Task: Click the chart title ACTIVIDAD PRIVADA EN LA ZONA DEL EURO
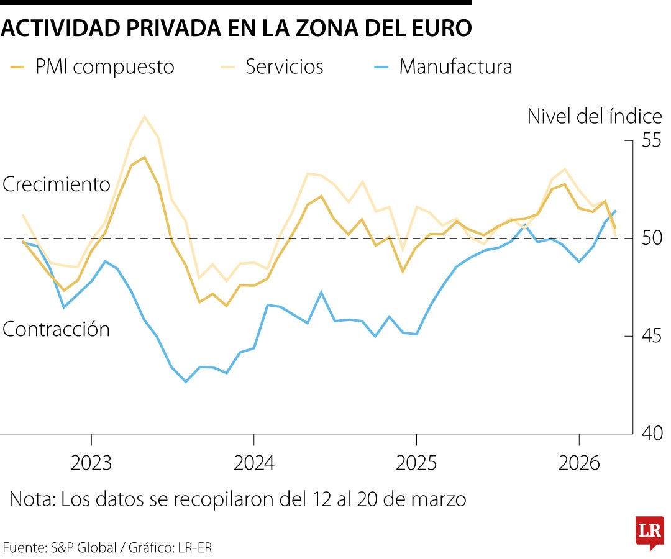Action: (x=237, y=28)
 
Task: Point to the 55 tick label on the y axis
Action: (x=652, y=140)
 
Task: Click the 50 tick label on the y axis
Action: (x=652, y=238)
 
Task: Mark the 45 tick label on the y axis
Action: (x=652, y=335)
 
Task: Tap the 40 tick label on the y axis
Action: (x=652, y=433)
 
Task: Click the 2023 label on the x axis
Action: (x=91, y=463)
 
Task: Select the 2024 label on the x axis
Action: (x=253, y=463)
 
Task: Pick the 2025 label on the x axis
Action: (x=416, y=463)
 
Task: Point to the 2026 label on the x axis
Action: (x=578, y=463)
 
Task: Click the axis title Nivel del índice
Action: (x=595, y=116)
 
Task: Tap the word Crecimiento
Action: (x=57, y=184)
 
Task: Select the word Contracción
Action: (x=57, y=329)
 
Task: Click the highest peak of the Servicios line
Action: (x=144, y=116)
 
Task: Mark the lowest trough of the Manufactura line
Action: (x=185, y=381)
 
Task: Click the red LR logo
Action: (x=649, y=532)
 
